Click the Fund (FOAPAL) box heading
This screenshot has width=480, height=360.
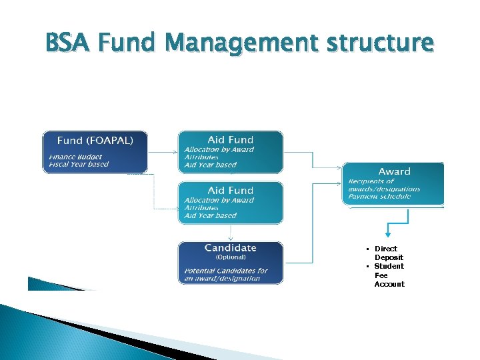coord(95,141)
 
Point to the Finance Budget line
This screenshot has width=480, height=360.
coord(75,156)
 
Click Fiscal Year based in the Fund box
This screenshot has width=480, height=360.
coord(79,164)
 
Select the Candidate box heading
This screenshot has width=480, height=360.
coord(230,248)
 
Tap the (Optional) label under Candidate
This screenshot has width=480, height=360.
coord(230,257)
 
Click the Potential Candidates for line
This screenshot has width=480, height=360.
coord(226,271)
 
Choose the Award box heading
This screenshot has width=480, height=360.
coord(395,172)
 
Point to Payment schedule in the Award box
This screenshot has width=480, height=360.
coord(379,197)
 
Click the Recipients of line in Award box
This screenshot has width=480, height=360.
coord(371,181)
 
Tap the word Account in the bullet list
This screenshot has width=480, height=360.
coord(389,284)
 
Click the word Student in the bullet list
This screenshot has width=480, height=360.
coord(389,266)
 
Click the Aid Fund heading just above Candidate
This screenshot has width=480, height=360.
coord(231,191)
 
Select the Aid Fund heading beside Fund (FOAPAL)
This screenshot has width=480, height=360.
coord(231,140)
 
